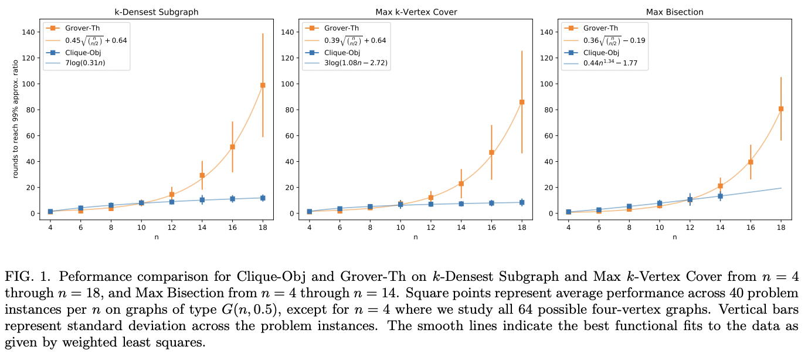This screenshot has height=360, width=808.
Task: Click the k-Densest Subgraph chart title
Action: pyautogui.click(x=157, y=12)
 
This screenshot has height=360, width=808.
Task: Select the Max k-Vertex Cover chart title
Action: pyautogui.click(x=415, y=12)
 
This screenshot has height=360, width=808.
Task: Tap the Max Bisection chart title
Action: pyautogui.click(x=674, y=12)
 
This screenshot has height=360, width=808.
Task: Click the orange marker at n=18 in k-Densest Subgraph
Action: pyautogui.click(x=263, y=85)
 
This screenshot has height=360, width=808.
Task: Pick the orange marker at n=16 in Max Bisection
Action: pyautogui.click(x=751, y=162)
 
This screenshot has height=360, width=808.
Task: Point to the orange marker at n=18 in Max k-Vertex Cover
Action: pyautogui.click(x=522, y=102)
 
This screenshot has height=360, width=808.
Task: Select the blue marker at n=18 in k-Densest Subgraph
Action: pyautogui.click(x=263, y=198)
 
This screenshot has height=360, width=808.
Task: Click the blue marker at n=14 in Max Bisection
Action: pyautogui.click(x=720, y=196)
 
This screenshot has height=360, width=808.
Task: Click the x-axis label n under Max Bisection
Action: pyautogui.click(x=674, y=237)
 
